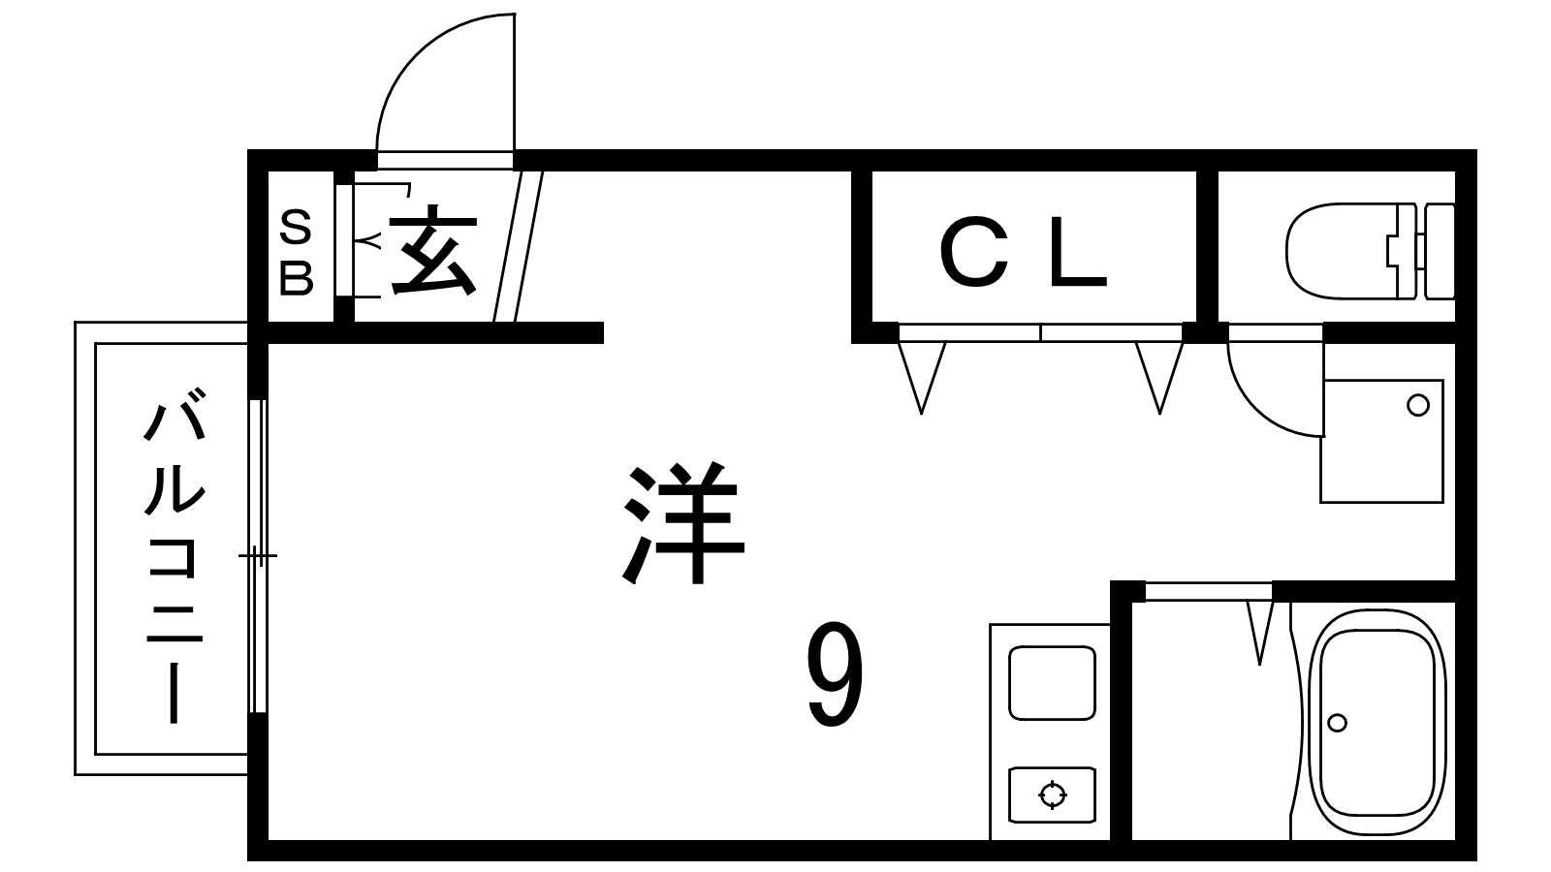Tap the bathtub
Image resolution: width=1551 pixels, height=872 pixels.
pos(1377,722)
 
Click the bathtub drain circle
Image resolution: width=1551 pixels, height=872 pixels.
pos(1338,723)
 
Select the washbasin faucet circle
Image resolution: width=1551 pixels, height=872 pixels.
pos(1418,405)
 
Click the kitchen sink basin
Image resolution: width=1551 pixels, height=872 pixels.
pos(1052,683)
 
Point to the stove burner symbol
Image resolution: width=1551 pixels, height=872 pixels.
pos(1052,795)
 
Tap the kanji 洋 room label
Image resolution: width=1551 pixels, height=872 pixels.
pos(683,523)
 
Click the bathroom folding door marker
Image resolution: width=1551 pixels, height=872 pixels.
pos(1260,630)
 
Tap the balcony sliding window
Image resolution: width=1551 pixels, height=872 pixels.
pos(257,554)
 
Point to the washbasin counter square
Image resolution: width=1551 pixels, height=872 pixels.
pos(1381,441)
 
